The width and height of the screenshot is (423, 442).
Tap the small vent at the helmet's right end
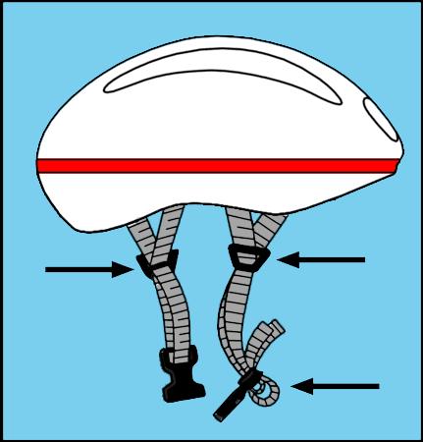(377, 114)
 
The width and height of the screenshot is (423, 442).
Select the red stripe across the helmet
(216, 165)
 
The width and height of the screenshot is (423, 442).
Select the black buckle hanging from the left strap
(178, 378)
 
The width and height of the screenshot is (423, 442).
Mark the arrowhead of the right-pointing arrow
(123, 268)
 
